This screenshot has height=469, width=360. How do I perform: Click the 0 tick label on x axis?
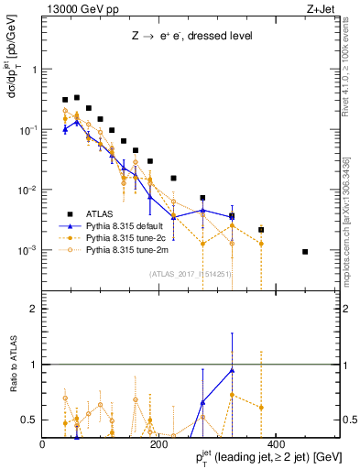pyautogui.click(x=43, y=444)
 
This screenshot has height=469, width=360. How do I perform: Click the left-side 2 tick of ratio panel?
pyautogui.click(x=35, y=309)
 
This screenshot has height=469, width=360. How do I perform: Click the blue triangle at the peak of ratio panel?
pyautogui.click(x=232, y=370)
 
